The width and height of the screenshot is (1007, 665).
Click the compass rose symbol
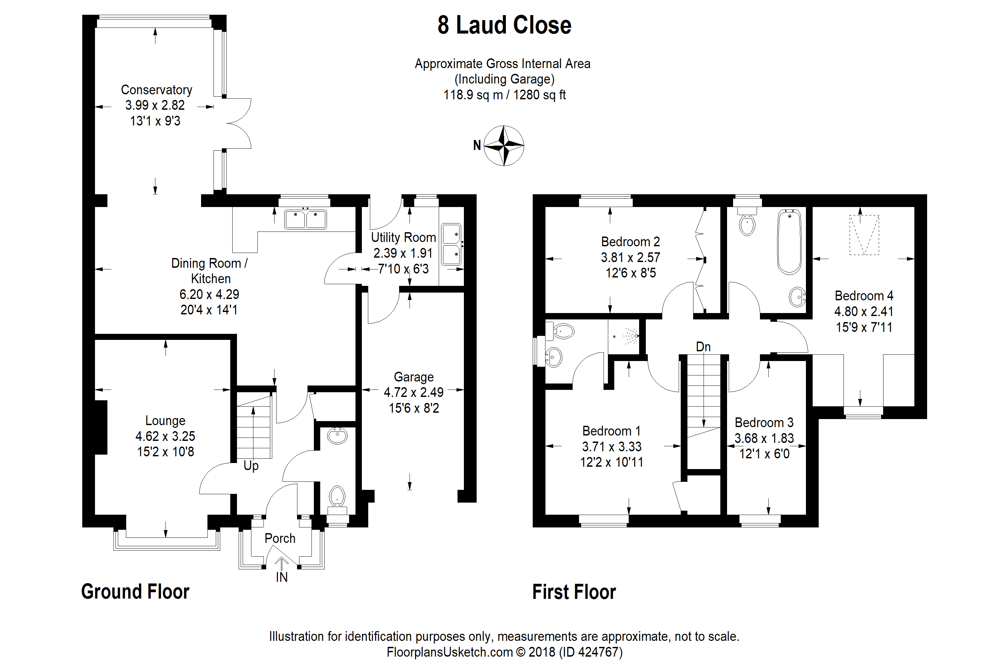coord(504,146)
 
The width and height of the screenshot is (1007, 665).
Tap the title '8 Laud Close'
coord(505,25)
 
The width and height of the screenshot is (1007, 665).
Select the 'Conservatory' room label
coord(156,90)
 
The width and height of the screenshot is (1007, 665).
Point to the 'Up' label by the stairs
coord(251,466)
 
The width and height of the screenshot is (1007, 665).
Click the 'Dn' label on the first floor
coord(703,347)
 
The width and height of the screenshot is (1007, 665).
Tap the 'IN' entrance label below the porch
coord(282,577)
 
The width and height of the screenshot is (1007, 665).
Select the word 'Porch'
coord(280,538)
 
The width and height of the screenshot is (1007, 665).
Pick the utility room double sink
coord(451,244)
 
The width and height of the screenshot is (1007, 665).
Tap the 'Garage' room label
coord(414,377)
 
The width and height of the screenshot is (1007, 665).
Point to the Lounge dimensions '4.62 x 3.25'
coord(165,436)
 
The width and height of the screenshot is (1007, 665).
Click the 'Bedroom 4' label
coord(864,296)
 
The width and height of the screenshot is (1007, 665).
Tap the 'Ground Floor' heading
coord(135,592)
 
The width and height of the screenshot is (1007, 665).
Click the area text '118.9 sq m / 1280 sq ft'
coord(505,95)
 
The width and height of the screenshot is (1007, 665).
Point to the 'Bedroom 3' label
coord(764,422)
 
